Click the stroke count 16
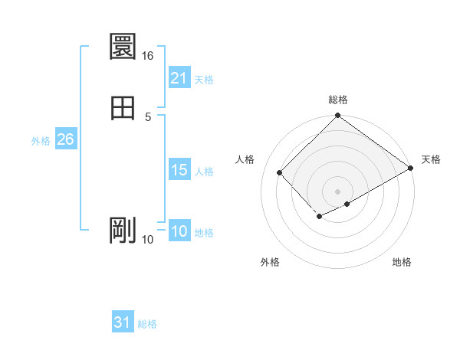click(148, 56)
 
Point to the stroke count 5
click(148, 116)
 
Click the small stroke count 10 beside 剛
click(148, 240)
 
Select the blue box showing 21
click(179, 77)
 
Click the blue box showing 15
click(179, 170)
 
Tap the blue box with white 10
click(179, 231)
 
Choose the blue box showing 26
click(65, 139)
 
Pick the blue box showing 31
click(123, 322)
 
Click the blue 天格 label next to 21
click(204, 79)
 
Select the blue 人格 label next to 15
click(204, 172)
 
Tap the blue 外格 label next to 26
click(41, 141)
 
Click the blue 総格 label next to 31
click(147, 324)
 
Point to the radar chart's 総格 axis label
click(338, 100)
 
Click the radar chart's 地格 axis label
click(402, 262)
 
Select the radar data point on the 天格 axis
click(411, 169)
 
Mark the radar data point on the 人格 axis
click(280, 172)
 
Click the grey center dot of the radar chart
click(338, 191)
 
